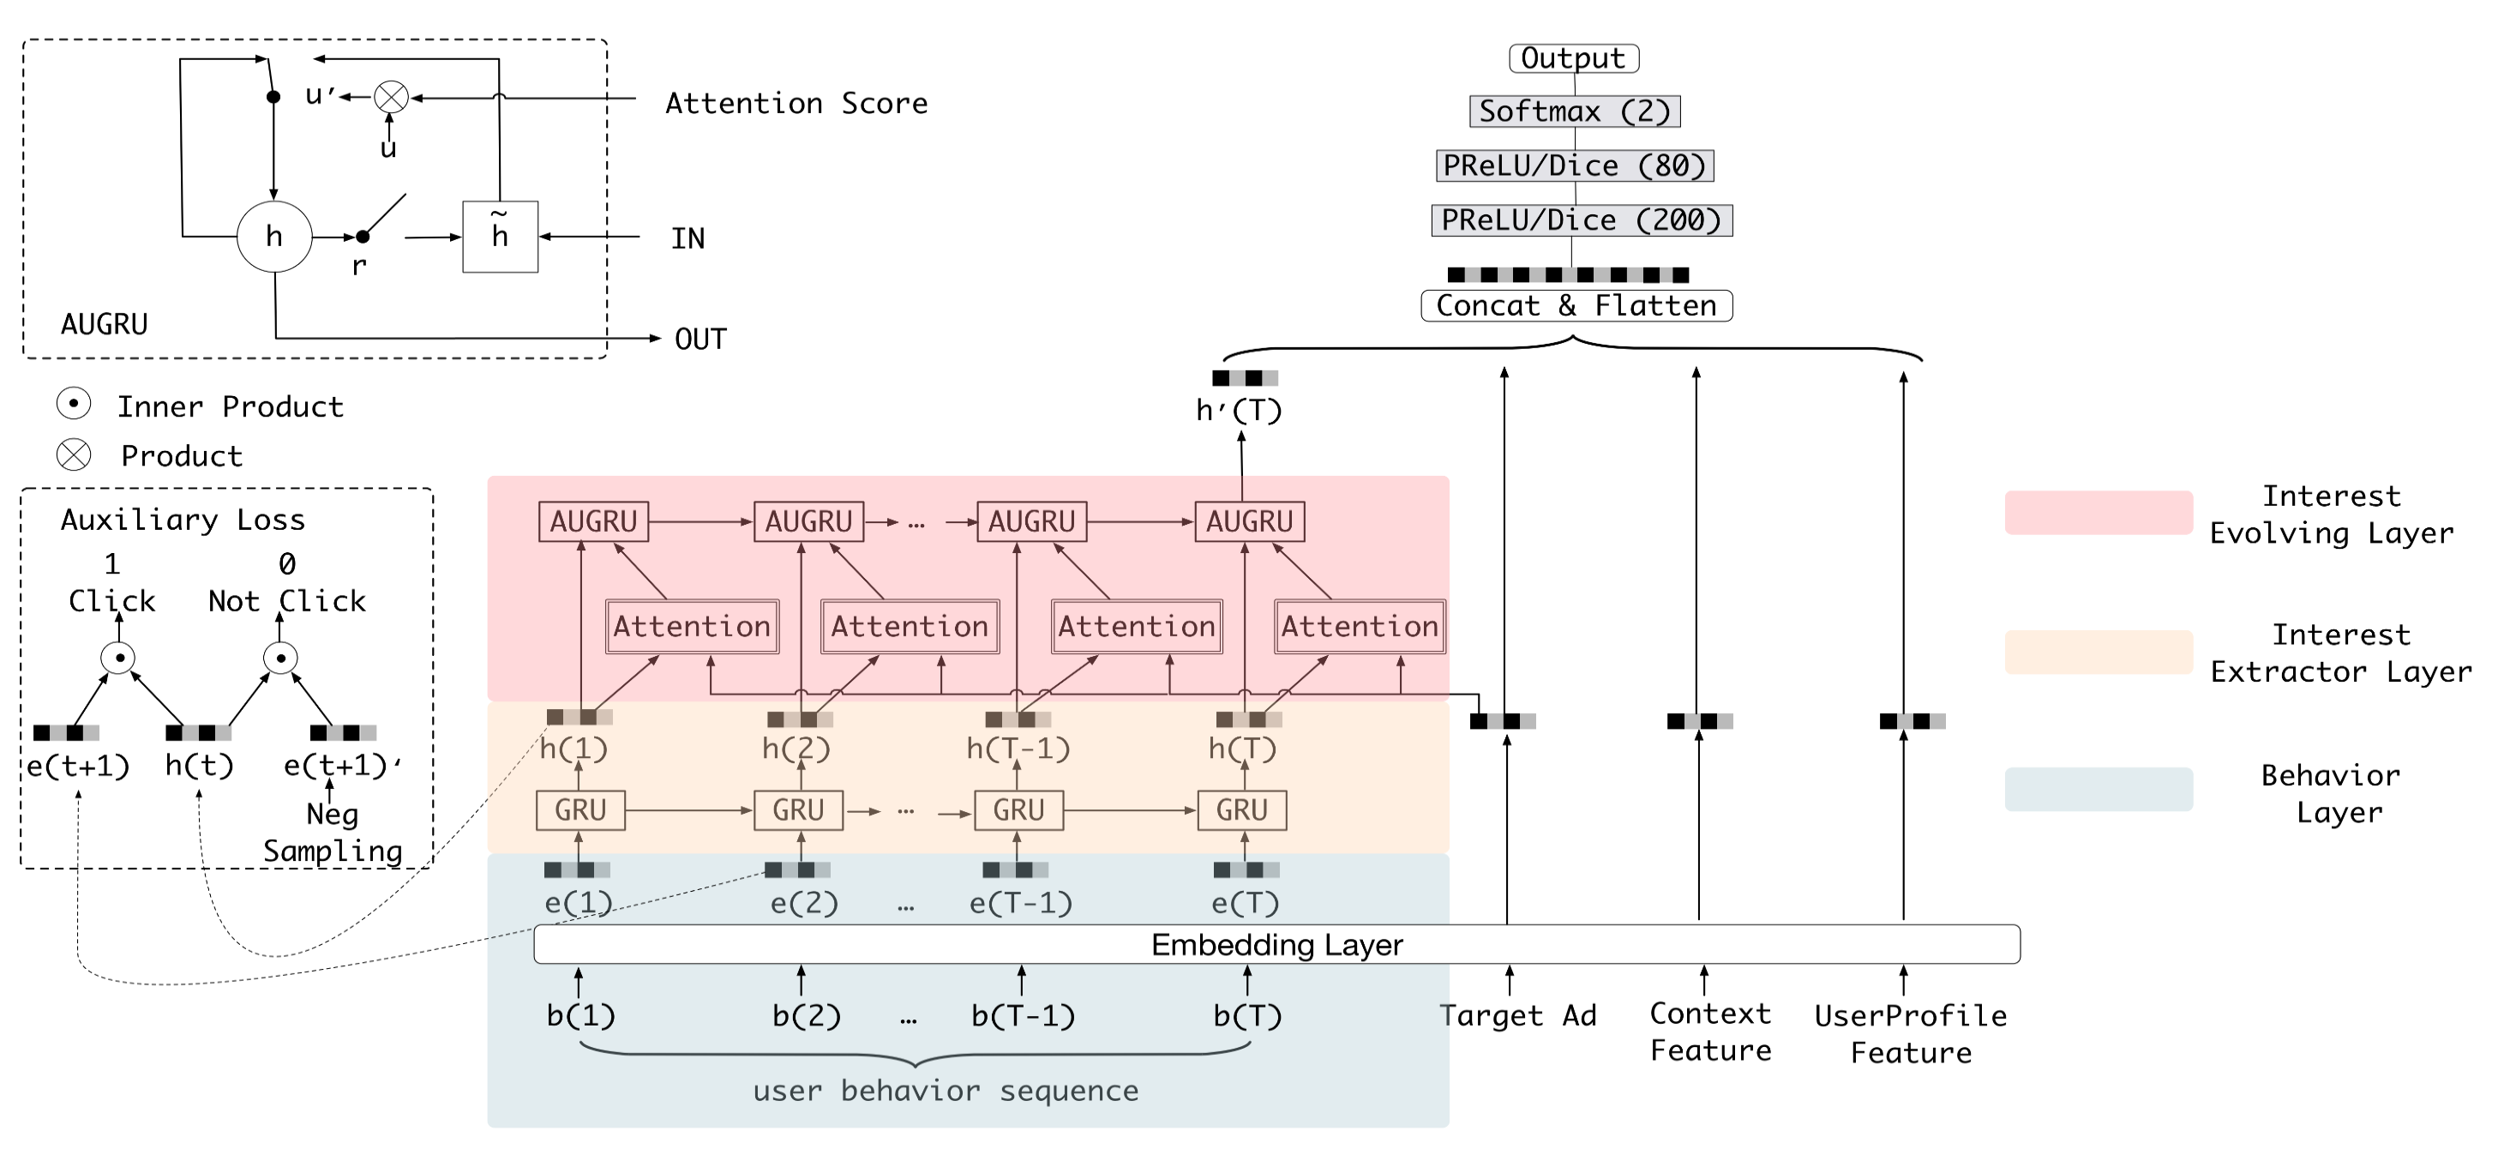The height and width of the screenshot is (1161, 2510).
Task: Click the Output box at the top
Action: point(1574,58)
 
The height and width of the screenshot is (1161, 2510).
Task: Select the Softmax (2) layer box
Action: point(1575,111)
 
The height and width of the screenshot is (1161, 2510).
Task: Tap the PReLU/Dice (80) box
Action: point(1575,165)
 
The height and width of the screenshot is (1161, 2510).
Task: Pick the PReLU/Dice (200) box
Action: point(1581,220)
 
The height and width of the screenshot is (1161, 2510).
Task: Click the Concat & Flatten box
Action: point(1576,306)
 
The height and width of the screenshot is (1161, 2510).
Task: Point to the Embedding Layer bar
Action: point(1276,945)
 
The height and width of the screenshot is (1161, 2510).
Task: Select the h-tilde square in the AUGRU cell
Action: point(500,237)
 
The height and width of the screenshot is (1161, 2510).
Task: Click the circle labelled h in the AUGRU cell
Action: point(275,236)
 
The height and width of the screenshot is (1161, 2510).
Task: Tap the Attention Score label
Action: point(796,104)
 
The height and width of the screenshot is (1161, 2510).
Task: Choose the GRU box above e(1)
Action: point(580,810)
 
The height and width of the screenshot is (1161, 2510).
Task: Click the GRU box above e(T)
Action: point(1241,810)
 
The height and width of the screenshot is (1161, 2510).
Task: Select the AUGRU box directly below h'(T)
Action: point(1249,521)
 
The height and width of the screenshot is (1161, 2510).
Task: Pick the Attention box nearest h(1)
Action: point(692,626)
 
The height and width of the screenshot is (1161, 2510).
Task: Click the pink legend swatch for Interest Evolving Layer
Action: point(2098,513)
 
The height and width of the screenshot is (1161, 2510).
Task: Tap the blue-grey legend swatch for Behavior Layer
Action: point(2098,789)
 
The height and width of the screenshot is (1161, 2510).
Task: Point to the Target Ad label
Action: point(1518,1016)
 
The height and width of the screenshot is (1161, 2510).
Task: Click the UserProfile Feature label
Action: point(1911,1034)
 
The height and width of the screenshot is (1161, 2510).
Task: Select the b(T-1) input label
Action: point(1023,1016)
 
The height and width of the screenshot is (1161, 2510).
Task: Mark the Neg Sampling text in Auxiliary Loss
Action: point(333,833)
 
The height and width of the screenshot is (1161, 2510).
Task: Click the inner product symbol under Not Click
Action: point(280,658)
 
